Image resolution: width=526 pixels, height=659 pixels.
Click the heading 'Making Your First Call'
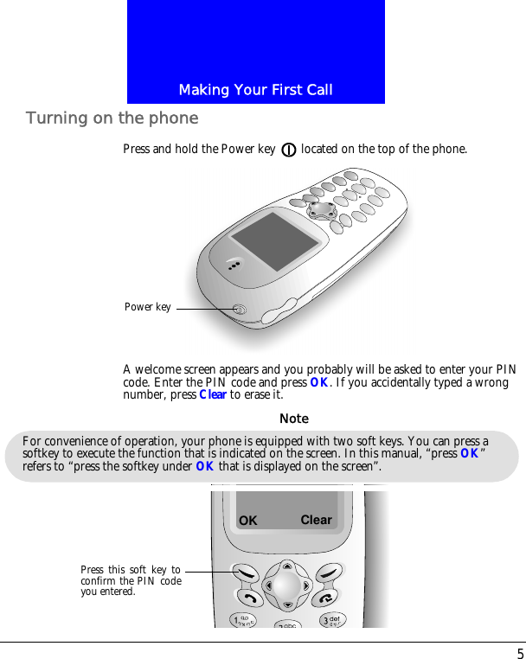[255, 90]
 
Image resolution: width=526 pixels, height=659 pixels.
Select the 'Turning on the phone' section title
[112, 118]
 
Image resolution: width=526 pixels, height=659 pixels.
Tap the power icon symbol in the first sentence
[289, 150]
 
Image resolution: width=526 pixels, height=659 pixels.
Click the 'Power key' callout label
[148, 307]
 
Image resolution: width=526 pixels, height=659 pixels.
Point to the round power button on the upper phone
[241, 310]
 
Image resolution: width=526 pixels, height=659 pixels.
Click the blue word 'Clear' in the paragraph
[213, 395]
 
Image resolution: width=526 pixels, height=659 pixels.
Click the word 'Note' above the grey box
[294, 419]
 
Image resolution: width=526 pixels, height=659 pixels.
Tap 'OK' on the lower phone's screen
[248, 521]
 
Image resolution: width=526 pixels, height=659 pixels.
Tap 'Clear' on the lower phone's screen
[316, 520]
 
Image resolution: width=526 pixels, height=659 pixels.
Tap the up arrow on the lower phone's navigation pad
[286, 566]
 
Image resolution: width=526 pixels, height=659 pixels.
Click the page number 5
[520, 653]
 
